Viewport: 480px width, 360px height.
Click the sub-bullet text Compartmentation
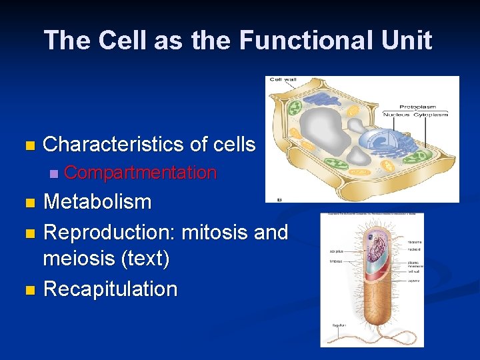140,173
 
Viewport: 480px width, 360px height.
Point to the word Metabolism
97,201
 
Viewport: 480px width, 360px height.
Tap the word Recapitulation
110,289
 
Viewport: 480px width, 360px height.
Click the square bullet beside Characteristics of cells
27,145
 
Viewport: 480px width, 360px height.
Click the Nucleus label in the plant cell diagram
397,115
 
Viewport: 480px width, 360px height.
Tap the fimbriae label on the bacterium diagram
336,261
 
